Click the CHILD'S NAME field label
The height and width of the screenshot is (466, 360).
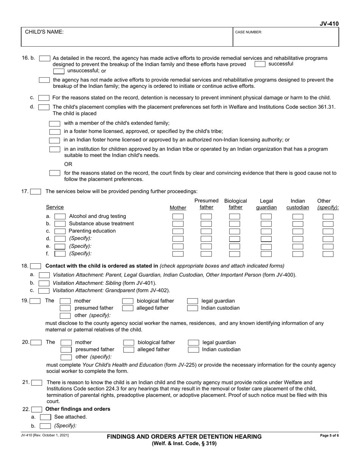[x=44, y=32]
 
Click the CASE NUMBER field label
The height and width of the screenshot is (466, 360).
[x=249, y=32]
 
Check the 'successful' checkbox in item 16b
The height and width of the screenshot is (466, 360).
[x=260, y=64]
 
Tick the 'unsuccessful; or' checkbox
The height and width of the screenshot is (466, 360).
[x=59, y=71]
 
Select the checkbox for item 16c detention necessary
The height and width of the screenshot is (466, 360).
[x=44, y=98]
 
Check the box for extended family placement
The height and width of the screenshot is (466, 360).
[x=55, y=124]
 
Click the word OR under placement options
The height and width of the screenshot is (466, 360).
[x=68, y=164]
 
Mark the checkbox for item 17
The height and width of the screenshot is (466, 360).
[x=36, y=191]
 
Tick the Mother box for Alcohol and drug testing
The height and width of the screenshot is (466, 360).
[x=178, y=216]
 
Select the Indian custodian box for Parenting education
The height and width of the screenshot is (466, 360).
[x=298, y=231]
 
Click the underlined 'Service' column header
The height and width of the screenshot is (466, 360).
[x=55, y=207]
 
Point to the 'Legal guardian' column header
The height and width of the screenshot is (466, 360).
[x=266, y=204]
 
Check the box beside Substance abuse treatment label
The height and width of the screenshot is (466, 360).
[x=60, y=224]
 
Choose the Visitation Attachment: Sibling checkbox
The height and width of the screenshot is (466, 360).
[x=44, y=283]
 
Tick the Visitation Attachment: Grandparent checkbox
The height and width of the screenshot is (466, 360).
[x=44, y=291]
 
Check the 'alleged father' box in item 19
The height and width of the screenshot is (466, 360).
[x=128, y=308]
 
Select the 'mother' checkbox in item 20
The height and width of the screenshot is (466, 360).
[x=66, y=342]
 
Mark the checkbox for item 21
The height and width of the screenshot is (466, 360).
[x=37, y=383]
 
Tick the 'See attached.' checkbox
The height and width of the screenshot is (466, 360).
[x=45, y=417]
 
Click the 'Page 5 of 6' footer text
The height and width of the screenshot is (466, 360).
[x=329, y=436]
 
